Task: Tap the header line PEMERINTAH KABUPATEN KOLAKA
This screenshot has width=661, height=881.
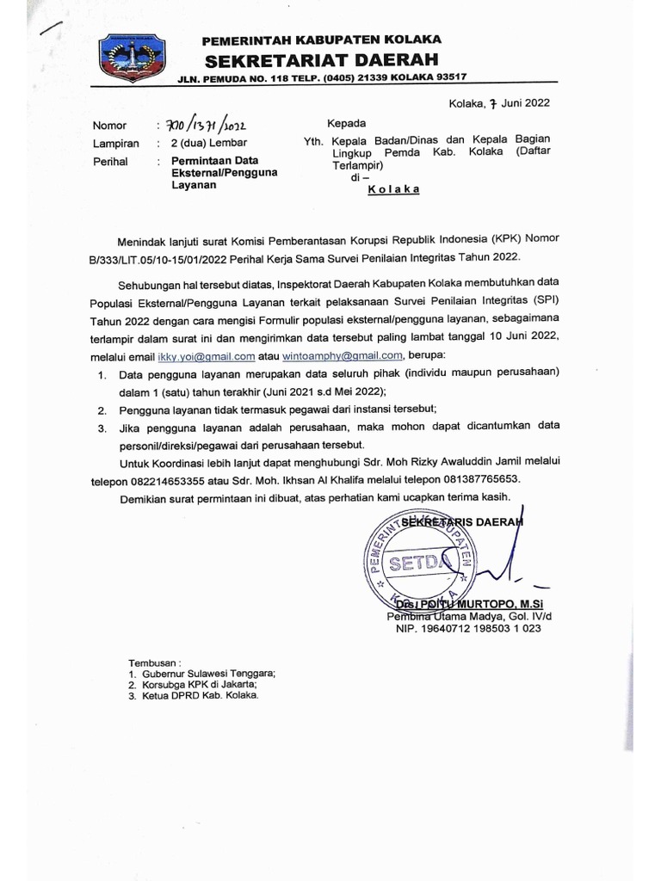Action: point(321,40)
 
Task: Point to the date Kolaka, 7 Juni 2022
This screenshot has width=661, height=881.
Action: point(499,104)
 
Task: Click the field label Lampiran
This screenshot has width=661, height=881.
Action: point(115,144)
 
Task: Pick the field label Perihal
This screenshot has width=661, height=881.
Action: point(110,161)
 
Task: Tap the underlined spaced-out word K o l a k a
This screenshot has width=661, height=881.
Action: point(393,190)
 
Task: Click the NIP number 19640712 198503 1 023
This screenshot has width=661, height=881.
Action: point(468,629)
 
